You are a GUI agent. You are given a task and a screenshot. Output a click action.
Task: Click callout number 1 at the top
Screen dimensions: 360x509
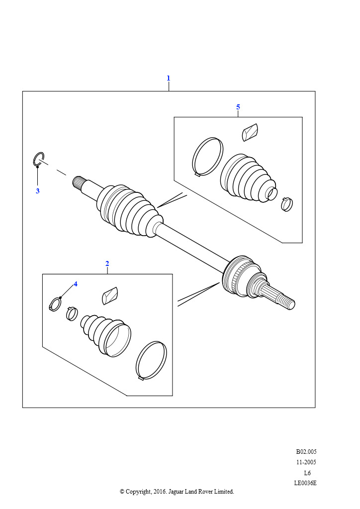point(168,78)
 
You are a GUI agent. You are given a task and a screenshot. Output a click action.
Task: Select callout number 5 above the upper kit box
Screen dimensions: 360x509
point(238,107)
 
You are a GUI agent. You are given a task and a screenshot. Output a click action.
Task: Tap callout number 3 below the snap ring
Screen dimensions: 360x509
point(38,191)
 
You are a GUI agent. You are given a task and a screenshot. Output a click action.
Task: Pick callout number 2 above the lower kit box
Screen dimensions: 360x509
point(107,263)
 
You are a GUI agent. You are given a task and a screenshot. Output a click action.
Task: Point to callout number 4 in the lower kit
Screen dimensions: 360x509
point(76,284)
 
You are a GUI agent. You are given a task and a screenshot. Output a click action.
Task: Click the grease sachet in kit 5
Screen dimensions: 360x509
point(250,132)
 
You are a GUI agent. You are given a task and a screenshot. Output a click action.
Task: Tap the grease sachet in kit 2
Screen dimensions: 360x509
point(110,296)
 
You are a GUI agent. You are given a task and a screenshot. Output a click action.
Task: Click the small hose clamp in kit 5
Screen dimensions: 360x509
point(287,204)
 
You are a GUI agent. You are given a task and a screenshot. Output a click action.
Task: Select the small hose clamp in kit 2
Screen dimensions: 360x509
point(72,313)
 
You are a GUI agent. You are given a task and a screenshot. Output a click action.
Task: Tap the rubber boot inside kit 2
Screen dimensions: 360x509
point(106,335)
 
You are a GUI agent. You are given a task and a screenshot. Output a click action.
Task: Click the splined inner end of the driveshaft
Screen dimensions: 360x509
point(78,182)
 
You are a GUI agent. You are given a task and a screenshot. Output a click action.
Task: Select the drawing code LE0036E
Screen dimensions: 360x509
point(305,483)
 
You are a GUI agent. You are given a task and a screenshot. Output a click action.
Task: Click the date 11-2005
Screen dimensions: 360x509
point(306,462)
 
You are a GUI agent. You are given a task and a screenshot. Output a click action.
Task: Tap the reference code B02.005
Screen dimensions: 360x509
point(306,451)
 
